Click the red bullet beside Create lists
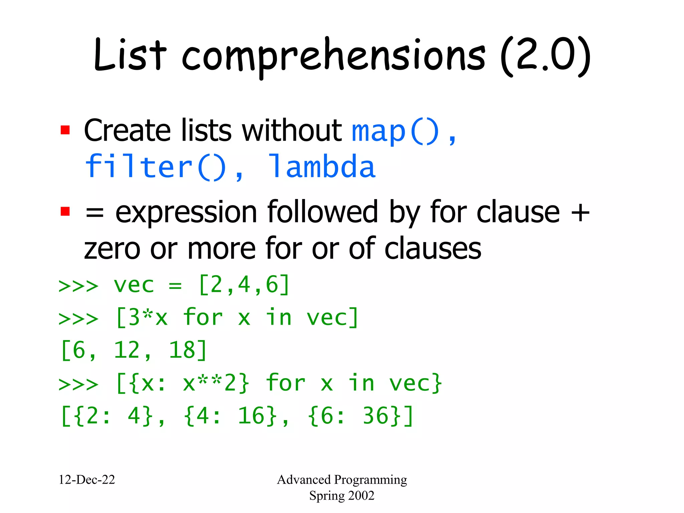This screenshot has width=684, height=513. (65, 130)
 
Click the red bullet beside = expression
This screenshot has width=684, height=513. (65, 211)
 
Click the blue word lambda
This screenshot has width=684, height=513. (322, 167)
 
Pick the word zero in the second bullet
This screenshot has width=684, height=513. (112, 249)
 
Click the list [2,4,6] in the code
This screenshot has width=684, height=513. (244, 285)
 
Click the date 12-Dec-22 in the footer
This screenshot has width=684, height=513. (87, 480)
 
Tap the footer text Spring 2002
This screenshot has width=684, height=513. (342, 495)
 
